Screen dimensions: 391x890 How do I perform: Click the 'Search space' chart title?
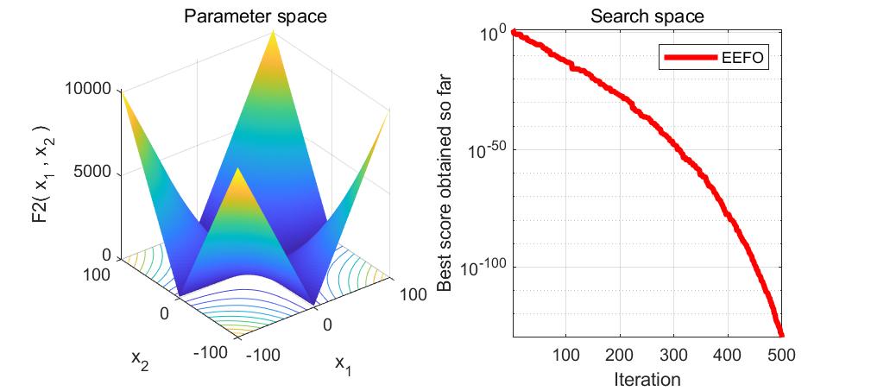click(x=647, y=16)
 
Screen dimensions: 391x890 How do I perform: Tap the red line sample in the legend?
click(x=690, y=59)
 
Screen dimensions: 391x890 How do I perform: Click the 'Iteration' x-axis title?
click(x=647, y=379)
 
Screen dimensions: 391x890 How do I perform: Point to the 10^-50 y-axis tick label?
click(x=486, y=152)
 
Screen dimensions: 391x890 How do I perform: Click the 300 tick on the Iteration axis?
click(x=673, y=354)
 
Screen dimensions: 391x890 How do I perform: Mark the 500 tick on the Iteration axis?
click(x=781, y=354)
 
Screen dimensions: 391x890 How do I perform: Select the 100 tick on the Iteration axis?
click(x=565, y=354)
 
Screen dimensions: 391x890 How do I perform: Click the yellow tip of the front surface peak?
click(x=237, y=172)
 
